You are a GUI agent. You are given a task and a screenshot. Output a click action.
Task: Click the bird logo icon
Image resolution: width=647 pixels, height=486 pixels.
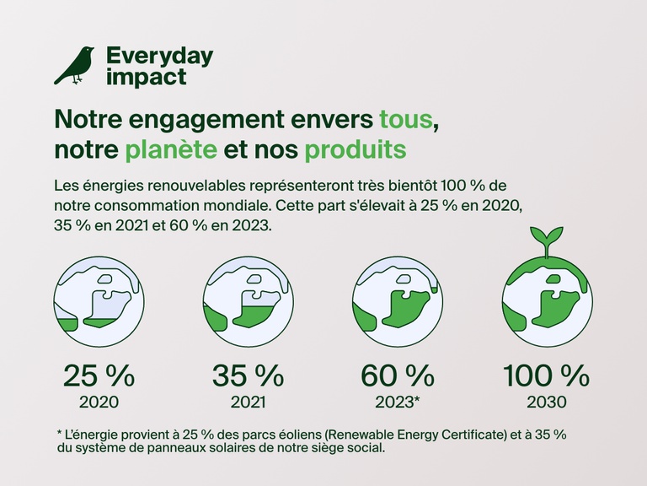74,66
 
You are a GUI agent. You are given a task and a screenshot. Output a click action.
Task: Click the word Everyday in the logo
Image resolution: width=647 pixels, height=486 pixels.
159,57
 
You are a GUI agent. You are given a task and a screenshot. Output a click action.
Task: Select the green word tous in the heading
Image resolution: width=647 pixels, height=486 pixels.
408,119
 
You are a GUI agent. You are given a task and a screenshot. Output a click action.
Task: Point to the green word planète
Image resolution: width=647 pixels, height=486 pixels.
169,150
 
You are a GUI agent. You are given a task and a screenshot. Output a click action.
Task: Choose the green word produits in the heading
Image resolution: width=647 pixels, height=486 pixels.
355,150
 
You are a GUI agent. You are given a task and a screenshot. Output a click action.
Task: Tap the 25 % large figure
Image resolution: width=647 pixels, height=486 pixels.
99,374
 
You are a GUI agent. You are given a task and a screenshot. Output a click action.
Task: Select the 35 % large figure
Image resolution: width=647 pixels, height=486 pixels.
248,374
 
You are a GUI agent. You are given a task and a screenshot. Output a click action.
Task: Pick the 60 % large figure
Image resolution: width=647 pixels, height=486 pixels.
398,374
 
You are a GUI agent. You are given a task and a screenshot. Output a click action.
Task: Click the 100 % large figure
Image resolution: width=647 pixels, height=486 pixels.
547,374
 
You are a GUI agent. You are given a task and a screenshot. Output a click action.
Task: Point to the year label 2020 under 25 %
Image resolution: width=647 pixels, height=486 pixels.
99,402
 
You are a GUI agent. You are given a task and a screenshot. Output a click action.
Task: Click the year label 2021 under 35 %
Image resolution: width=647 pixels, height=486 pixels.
248,402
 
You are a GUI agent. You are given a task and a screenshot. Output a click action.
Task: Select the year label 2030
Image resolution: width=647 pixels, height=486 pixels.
547,402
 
